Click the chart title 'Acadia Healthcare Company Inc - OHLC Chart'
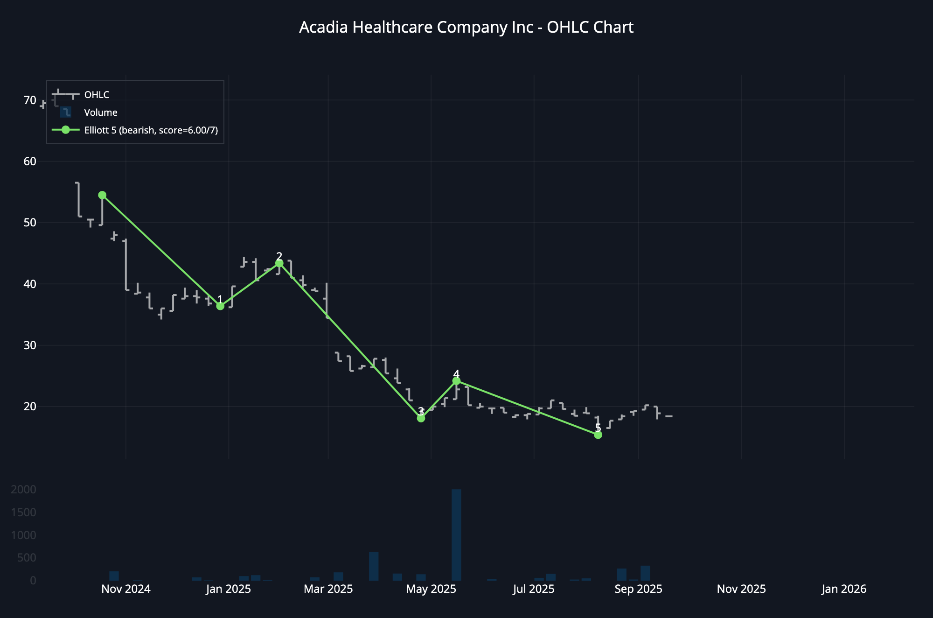[x=466, y=28]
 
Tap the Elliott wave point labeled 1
[x=220, y=306]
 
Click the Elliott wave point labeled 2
[x=279, y=264]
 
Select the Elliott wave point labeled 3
[x=421, y=418]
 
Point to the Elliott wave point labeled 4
[x=456, y=381]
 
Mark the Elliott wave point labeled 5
[x=598, y=435]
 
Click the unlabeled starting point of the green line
[x=102, y=195]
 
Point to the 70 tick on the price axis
[x=30, y=100]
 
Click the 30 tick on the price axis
[x=30, y=345]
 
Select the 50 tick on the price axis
[x=30, y=223]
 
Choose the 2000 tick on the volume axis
[x=24, y=490]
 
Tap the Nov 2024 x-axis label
[x=126, y=589]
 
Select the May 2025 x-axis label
[x=431, y=589]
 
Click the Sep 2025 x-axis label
[x=638, y=589]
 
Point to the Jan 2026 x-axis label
[x=844, y=589]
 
